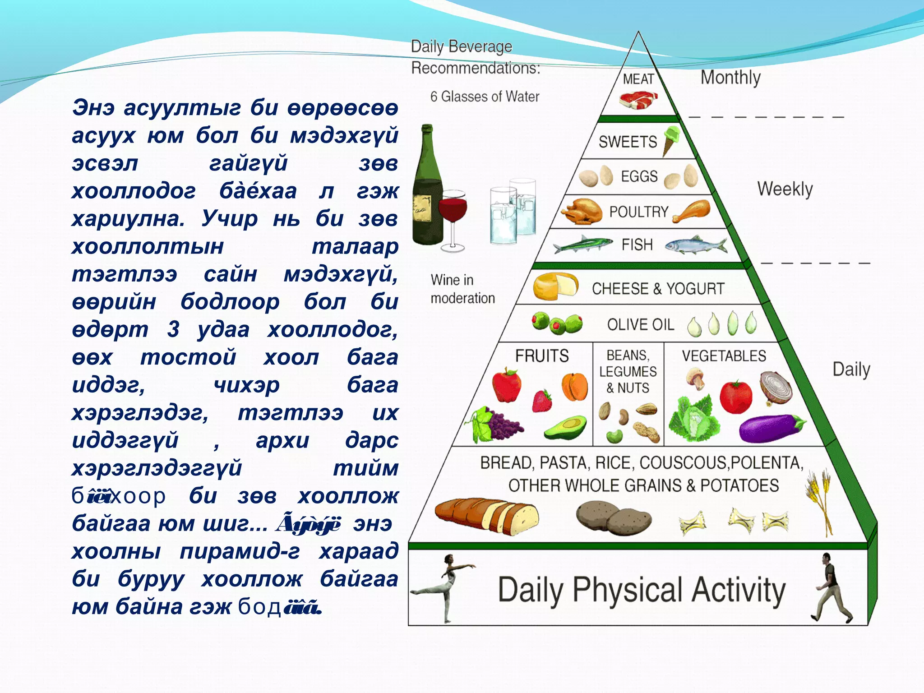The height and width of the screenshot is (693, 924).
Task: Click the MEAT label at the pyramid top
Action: pos(638,79)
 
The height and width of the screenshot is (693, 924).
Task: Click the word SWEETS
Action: pos(628,142)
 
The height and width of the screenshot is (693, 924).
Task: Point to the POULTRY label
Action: pos(639,212)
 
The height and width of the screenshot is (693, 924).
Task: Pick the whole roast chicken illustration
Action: pos(581,211)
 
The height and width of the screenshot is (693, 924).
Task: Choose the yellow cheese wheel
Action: pos(555,286)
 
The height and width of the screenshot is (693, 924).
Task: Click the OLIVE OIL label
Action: pos(640,324)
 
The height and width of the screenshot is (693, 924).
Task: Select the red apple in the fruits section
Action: pos(507,385)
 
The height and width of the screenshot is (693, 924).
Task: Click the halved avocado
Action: pos(566,427)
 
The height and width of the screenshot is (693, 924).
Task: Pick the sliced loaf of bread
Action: pos(487,514)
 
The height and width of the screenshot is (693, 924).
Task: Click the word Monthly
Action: pos(730,78)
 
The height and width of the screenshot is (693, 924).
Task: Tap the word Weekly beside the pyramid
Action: pos(785,189)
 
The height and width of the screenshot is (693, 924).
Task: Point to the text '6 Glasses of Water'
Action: pos(485,97)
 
